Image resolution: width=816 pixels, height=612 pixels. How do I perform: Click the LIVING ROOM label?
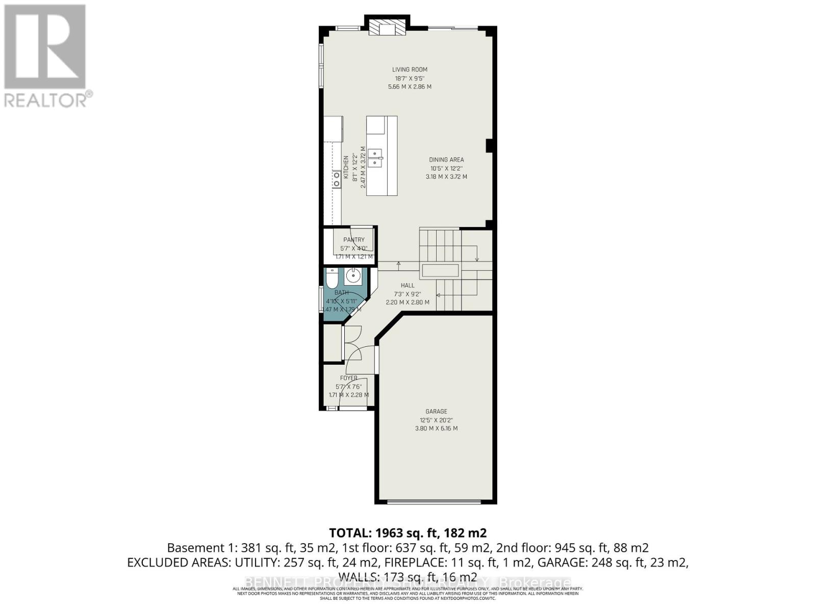point(410,69)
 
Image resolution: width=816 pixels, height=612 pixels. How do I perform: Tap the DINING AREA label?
point(446,160)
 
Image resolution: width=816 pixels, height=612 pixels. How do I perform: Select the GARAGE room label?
point(436,411)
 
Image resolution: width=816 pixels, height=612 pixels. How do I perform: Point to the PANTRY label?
point(354,240)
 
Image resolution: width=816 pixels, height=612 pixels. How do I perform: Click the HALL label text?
point(407,286)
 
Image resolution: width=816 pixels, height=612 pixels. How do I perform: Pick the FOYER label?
point(349,378)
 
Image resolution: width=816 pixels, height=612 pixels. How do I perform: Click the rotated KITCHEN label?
point(346,167)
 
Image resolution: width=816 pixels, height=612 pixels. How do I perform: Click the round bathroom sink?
point(352,277)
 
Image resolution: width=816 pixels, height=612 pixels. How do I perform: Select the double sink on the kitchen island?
point(376,158)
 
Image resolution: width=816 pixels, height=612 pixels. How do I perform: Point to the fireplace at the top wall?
point(387,28)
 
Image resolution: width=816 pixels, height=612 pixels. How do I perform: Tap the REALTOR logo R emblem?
point(45,47)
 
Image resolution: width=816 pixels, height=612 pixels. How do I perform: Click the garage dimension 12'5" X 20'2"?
point(436,420)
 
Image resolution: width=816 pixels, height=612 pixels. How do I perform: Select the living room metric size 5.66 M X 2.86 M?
point(410,87)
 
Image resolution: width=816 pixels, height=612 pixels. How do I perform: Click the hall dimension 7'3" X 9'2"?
point(407,294)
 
